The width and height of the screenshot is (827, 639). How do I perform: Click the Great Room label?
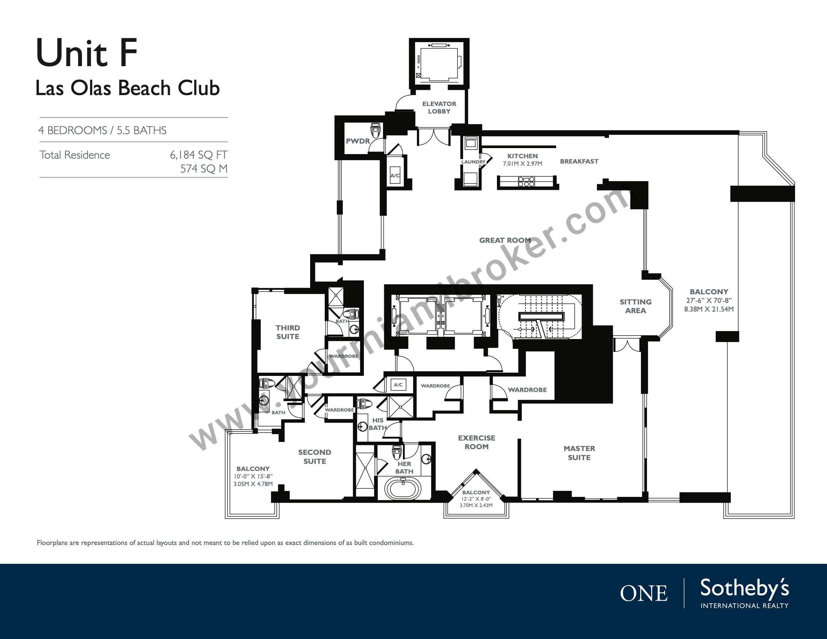click(505, 241)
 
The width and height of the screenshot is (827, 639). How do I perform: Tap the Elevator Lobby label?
click(439, 108)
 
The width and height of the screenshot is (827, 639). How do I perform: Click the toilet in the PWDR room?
click(376, 130)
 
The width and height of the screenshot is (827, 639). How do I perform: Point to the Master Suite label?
click(579, 453)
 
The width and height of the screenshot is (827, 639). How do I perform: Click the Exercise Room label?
click(476, 442)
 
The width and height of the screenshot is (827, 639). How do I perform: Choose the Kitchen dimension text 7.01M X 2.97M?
click(523, 164)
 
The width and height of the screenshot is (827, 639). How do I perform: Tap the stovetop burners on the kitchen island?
click(526, 182)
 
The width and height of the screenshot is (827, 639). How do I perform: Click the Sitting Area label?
click(635, 306)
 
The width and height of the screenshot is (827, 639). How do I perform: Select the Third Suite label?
click(288, 332)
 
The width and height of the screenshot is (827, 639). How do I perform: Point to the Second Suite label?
click(315, 457)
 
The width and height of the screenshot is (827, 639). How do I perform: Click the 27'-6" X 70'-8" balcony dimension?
click(709, 301)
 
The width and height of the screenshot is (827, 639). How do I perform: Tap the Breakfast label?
click(579, 161)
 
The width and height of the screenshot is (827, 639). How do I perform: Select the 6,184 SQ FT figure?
click(198, 155)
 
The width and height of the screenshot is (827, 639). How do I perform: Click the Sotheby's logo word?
click(744, 589)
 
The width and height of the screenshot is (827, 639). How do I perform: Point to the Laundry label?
click(473, 162)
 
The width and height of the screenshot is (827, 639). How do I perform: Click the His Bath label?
click(378, 424)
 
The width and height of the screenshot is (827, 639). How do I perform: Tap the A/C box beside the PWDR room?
click(395, 175)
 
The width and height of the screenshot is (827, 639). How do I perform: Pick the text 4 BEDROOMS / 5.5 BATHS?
click(102, 130)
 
